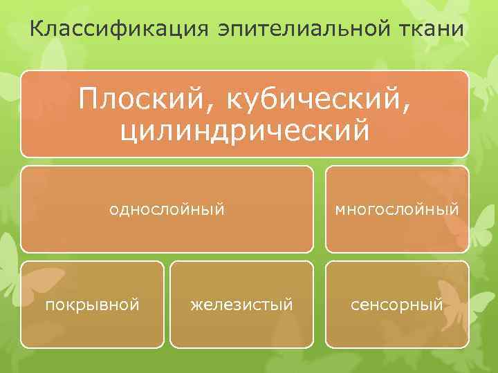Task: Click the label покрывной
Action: tap(93, 304)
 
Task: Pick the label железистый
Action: tap(242, 304)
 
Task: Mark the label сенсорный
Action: tap(396, 304)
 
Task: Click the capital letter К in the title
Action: tap(38, 30)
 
